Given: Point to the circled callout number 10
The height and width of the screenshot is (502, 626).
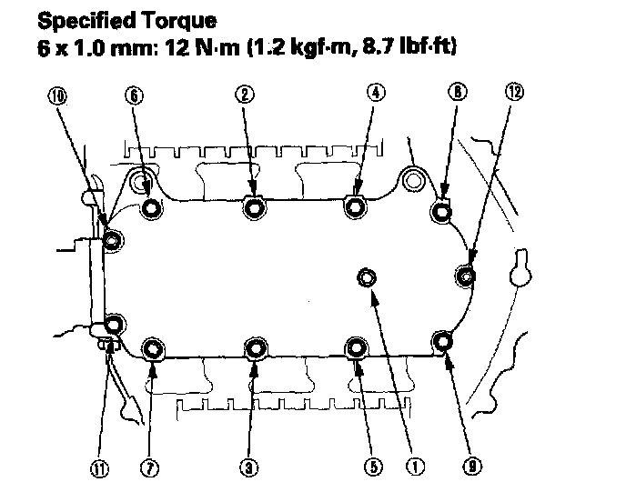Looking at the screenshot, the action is pos(59,95).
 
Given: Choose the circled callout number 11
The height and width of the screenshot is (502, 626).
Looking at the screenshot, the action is pos(96,469).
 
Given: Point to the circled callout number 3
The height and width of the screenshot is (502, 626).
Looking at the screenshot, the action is pos(247,467).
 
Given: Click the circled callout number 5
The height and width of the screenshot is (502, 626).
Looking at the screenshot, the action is pos(372,467).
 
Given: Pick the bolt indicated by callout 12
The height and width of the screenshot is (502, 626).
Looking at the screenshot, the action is pos(467,274).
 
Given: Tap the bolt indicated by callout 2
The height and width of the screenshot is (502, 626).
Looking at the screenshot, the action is pos(254,209).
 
